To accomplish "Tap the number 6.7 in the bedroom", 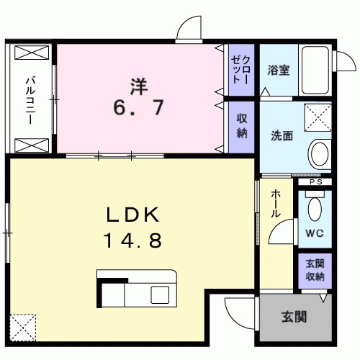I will (x=138, y=108).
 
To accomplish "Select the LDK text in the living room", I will (x=132, y=215).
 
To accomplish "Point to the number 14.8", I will (x=132, y=240).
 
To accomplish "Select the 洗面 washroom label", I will (x=282, y=135).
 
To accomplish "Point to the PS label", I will (x=315, y=183).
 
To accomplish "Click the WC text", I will (x=313, y=233).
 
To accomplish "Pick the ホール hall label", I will (x=276, y=204).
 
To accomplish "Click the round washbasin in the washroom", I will (x=318, y=153).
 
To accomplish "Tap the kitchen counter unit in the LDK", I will (x=137, y=289).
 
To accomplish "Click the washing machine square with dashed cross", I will (x=318, y=117).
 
